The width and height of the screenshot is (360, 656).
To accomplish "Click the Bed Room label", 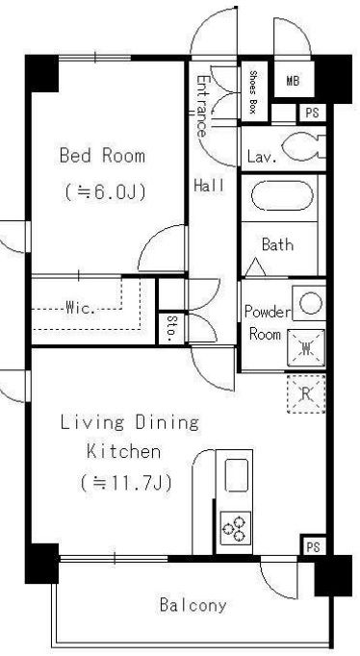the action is click(x=102, y=156).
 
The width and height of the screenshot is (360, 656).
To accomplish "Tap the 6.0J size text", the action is click(x=105, y=192).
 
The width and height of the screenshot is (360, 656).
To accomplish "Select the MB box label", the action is click(x=293, y=81).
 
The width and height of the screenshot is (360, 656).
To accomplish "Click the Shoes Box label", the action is click(x=253, y=92).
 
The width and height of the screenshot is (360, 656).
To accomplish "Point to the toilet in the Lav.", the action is click(x=303, y=146).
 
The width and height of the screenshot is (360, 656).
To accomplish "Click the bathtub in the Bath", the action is click(x=282, y=196).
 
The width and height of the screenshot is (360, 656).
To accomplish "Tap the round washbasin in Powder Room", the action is click(x=310, y=302).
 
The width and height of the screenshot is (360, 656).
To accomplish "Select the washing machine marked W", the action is click(x=306, y=347).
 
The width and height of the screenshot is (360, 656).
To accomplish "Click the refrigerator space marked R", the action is click(x=306, y=393).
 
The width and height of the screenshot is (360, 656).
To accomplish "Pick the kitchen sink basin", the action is click(x=237, y=475).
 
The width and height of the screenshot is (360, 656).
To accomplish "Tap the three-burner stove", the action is click(x=235, y=527).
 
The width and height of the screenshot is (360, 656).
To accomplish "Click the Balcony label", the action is click(x=193, y=605).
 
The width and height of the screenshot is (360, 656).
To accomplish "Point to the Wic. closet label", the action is click(x=80, y=309).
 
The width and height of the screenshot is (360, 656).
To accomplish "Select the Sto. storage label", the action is click(x=170, y=330).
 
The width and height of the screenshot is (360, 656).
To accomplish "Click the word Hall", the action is click(x=209, y=185).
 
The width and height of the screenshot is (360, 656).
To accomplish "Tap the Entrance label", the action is click(x=202, y=106).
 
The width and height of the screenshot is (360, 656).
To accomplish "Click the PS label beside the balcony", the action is click(x=313, y=546).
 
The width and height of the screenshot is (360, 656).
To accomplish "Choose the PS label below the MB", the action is click(x=312, y=113).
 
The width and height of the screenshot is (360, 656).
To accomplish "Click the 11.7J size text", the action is click(x=126, y=484).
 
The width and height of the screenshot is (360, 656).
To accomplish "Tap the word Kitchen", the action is click(x=123, y=452).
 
